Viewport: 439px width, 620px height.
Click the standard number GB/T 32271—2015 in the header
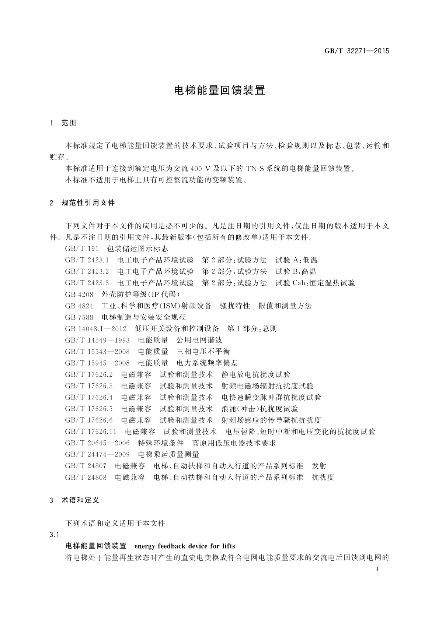[356, 51]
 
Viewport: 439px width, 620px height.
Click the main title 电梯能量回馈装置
[219, 90]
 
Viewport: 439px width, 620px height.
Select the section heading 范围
[69, 123]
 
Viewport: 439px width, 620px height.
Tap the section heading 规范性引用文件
[88, 203]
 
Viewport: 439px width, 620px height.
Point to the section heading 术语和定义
[80, 500]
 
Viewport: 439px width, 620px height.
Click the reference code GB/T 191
[82, 249]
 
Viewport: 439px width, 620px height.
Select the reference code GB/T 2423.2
[87, 272]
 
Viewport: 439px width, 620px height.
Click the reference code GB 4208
[79, 295]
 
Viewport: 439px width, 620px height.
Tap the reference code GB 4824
[79, 306]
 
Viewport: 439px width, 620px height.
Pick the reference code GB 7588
[79, 317]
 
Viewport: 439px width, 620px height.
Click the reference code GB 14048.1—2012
[95, 329]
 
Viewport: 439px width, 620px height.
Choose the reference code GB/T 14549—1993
[97, 340]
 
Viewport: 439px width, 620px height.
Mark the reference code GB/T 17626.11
[91, 431]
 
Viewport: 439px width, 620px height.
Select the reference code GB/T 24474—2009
[97, 454]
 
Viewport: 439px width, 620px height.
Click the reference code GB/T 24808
[86, 477]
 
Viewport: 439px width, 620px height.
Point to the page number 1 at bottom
[377, 569]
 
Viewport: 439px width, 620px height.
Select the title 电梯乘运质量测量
[168, 454]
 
